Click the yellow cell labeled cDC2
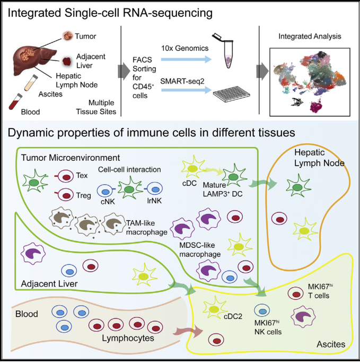coord(214,309)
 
